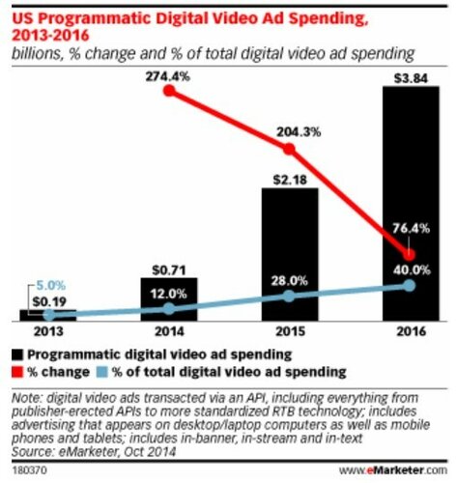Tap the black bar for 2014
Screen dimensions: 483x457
click(x=170, y=299)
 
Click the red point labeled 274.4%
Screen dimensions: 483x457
click(x=170, y=92)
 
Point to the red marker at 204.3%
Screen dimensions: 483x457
click(x=290, y=148)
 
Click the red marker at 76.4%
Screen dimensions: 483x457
click(x=410, y=254)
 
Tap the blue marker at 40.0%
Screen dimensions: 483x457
click(x=410, y=286)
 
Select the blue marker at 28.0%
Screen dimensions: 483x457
click(x=290, y=298)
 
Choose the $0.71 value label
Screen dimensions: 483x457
click(x=170, y=270)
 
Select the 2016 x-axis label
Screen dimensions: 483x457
click(x=410, y=333)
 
